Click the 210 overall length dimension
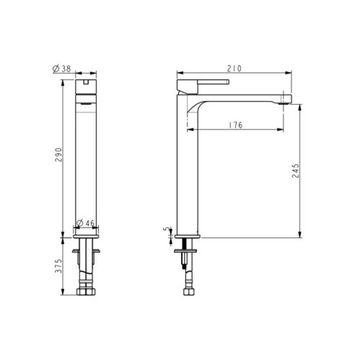(x=232, y=69)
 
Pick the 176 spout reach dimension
(x=234, y=125)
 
